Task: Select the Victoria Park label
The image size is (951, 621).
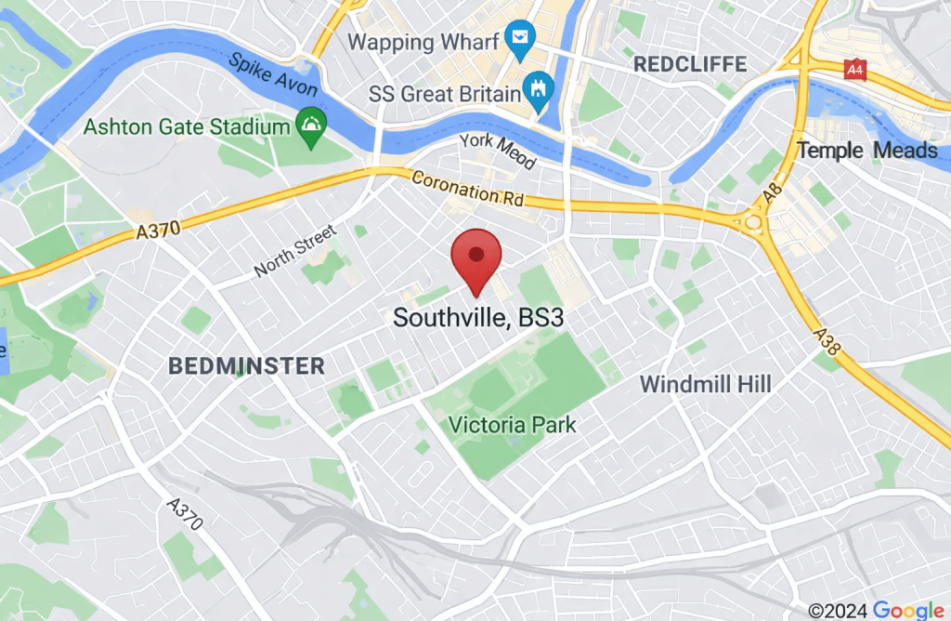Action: (x=512, y=426)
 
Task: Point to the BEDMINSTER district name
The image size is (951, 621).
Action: (x=247, y=366)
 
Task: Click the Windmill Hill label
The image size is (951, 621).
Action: (x=705, y=384)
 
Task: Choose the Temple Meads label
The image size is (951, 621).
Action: (x=866, y=151)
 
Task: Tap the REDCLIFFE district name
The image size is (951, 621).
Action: (x=689, y=64)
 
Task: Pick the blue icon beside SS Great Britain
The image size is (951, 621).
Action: (x=539, y=91)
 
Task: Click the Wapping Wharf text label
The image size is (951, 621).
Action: (x=416, y=42)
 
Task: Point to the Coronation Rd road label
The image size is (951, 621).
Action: (x=467, y=189)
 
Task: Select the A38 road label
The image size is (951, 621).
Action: (x=827, y=340)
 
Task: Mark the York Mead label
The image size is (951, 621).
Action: (x=499, y=151)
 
